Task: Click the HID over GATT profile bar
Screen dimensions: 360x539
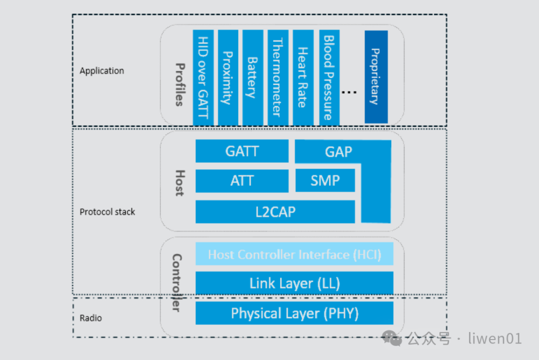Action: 203,78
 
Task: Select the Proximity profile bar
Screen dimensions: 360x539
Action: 228,78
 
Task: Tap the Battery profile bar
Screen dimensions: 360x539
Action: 253,78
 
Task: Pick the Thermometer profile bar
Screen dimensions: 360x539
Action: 277,78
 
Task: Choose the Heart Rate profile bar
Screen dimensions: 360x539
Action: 302,78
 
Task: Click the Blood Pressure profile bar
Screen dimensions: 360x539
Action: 328,78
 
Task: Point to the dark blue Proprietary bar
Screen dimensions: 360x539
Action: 376,77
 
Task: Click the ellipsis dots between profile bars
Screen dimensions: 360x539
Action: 349,92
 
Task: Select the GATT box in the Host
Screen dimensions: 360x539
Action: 242,151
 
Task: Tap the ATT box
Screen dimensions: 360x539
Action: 242,180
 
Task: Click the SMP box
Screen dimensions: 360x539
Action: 325,180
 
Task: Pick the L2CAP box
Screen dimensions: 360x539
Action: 275,211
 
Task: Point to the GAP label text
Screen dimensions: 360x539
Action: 338,152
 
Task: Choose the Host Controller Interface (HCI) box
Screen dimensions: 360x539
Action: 294,254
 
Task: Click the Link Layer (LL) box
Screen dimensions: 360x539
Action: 294,283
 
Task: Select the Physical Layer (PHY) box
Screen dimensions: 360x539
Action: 294,313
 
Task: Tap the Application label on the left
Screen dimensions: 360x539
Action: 102,71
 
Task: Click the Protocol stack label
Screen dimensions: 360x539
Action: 107,212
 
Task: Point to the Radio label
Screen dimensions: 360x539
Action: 91,318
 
